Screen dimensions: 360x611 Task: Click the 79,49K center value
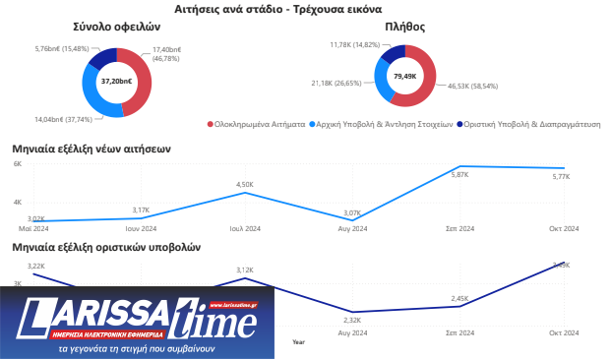(x=403, y=76)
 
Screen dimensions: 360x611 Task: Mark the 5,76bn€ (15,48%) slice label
(x=61, y=48)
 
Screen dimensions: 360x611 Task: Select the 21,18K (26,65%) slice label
(x=336, y=84)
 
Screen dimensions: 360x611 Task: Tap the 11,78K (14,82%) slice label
(x=354, y=44)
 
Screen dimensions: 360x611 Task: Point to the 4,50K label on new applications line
(x=244, y=184)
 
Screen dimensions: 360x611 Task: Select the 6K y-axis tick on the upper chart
(x=17, y=164)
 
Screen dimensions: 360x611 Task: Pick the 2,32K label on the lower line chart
(x=351, y=320)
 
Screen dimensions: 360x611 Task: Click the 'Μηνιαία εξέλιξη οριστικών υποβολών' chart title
(x=106, y=247)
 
